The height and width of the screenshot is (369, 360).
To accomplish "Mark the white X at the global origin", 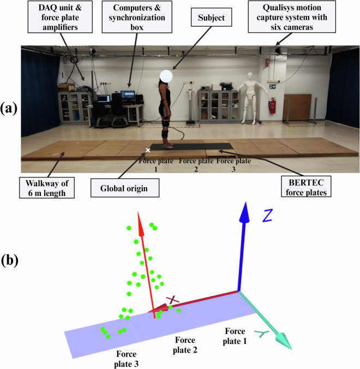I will (x=148, y=150).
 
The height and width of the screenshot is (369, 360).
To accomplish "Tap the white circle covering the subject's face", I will (x=167, y=77).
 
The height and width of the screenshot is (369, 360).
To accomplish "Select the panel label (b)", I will (x=10, y=260).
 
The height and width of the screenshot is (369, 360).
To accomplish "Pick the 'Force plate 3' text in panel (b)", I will (x=126, y=359).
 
